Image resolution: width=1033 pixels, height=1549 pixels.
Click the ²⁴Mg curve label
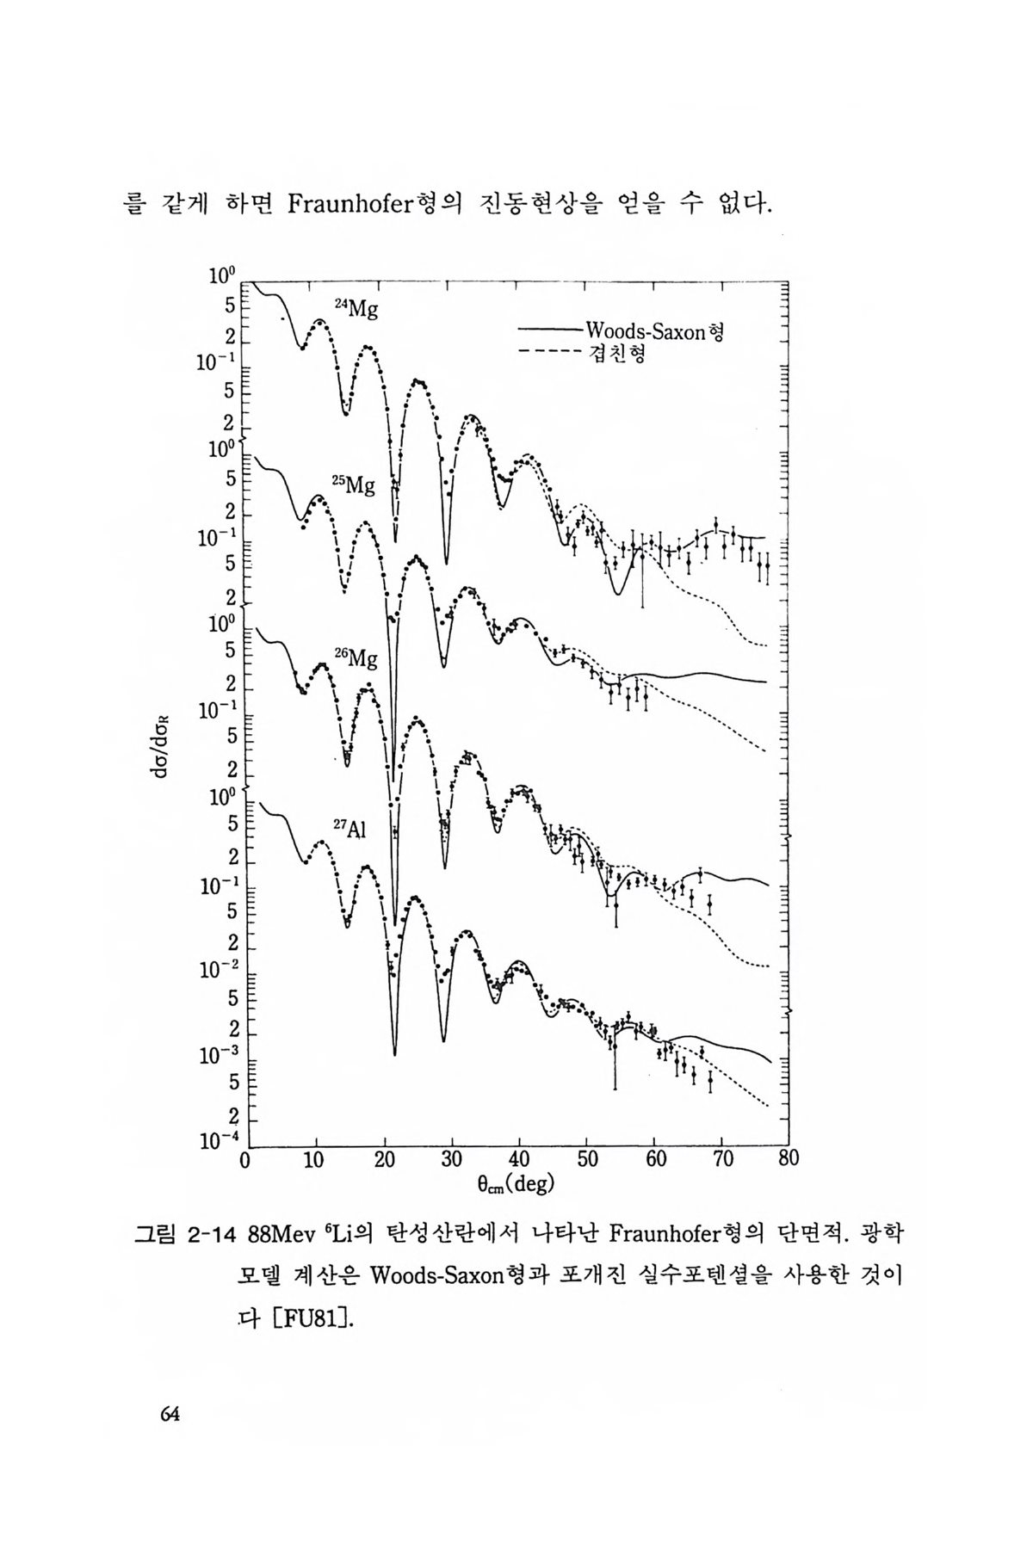(x=356, y=311)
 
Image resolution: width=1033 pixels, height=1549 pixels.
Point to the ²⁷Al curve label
(x=349, y=829)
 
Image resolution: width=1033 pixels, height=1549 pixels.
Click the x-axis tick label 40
(x=519, y=1158)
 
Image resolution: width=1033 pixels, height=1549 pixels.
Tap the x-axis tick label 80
(x=788, y=1158)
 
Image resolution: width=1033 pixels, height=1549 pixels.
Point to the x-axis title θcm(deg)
(x=516, y=1184)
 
